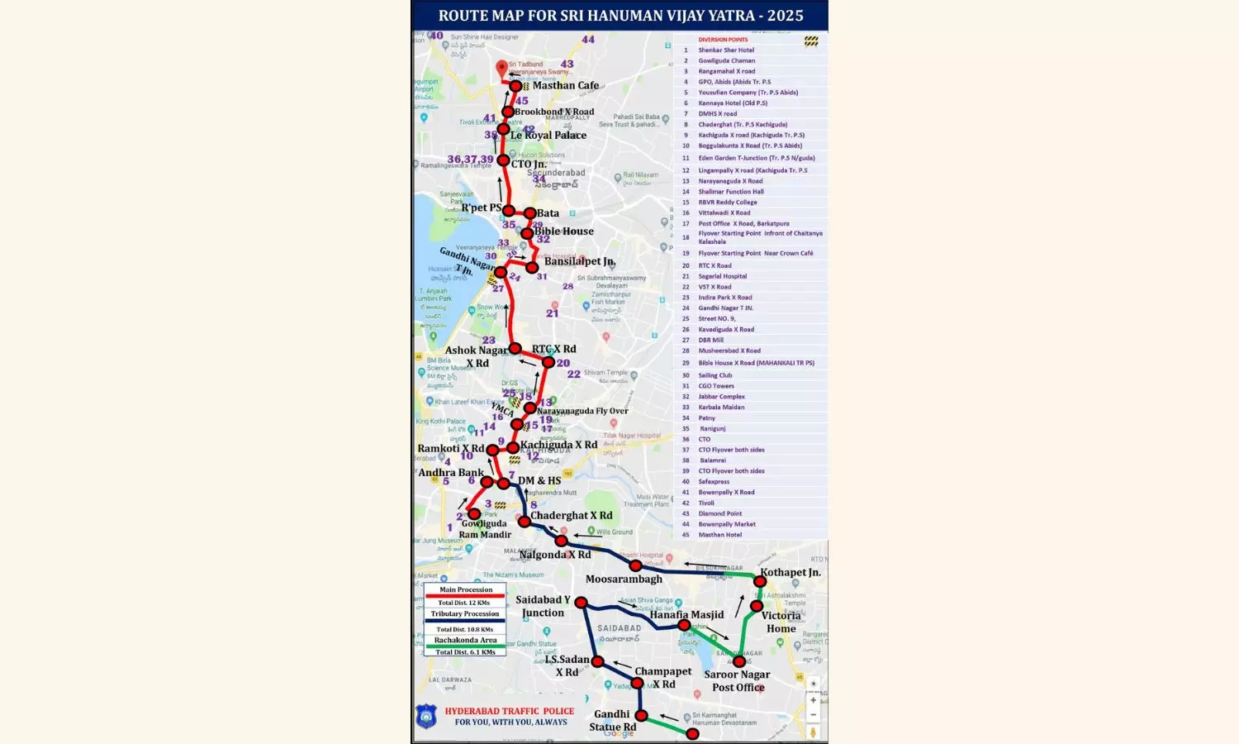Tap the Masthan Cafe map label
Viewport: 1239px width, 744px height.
pyautogui.click(x=566, y=85)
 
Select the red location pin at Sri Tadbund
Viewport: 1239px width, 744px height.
pyautogui.click(x=501, y=69)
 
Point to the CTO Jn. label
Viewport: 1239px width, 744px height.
pyautogui.click(x=528, y=164)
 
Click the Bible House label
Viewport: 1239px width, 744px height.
pyautogui.click(x=564, y=231)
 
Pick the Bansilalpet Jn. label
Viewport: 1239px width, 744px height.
pyautogui.click(x=580, y=261)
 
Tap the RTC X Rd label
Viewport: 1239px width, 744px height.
pyautogui.click(x=554, y=349)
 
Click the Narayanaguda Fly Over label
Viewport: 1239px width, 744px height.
pyautogui.click(x=582, y=411)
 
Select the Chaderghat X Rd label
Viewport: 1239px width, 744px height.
pyautogui.click(x=572, y=515)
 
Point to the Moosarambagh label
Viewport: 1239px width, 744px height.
pyautogui.click(x=624, y=579)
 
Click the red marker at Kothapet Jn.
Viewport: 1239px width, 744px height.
pyautogui.click(x=760, y=582)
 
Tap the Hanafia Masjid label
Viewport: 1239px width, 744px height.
pyautogui.click(x=686, y=614)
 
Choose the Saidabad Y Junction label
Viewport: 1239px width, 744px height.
pyautogui.click(x=543, y=606)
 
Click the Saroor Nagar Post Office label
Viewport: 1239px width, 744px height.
pyautogui.click(x=737, y=681)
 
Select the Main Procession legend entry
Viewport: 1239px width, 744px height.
pyautogui.click(x=465, y=589)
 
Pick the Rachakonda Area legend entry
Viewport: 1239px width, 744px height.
pyautogui.click(x=465, y=640)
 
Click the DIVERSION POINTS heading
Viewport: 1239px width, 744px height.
pyautogui.click(x=723, y=40)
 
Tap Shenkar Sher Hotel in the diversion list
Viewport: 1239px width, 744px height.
pyautogui.click(x=726, y=50)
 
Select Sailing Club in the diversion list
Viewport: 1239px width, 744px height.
pyautogui.click(x=715, y=375)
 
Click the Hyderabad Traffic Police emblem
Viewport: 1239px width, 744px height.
pyautogui.click(x=426, y=716)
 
